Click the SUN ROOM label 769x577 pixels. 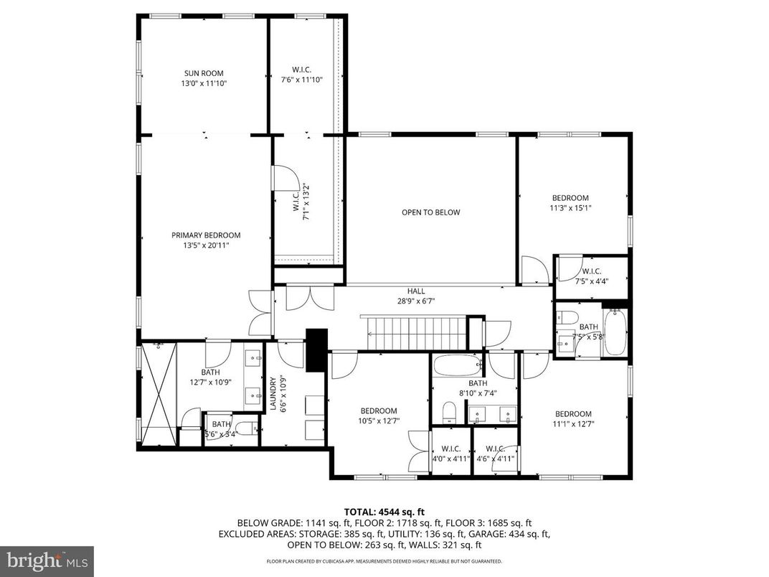click(204, 73)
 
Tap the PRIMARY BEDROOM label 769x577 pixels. click(206, 235)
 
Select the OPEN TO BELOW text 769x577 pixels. click(430, 212)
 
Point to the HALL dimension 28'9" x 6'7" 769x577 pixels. click(416, 301)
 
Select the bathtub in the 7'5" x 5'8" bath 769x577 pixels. click(615, 332)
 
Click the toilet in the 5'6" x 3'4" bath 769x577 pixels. click(243, 429)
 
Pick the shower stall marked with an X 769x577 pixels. click(158, 394)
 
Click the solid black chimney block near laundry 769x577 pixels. click(316, 350)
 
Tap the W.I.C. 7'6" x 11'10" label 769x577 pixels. click(302, 75)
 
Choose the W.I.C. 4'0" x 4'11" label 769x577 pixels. click(450, 454)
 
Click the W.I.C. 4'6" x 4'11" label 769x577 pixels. click(495, 454)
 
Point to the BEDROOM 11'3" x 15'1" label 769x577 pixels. click(570, 203)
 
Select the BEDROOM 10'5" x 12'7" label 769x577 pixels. click(378, 416)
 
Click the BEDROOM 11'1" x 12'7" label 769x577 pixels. click(573, 418)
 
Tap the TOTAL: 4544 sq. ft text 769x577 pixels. click(384, 512)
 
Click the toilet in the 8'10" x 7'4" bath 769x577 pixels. click(449, 412)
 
